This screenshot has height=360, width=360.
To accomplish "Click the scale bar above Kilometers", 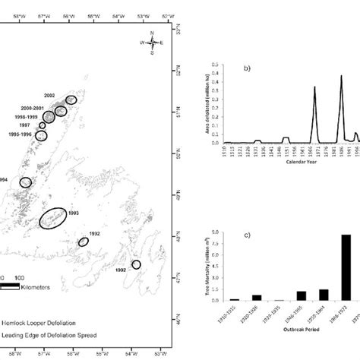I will click(14, 288).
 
